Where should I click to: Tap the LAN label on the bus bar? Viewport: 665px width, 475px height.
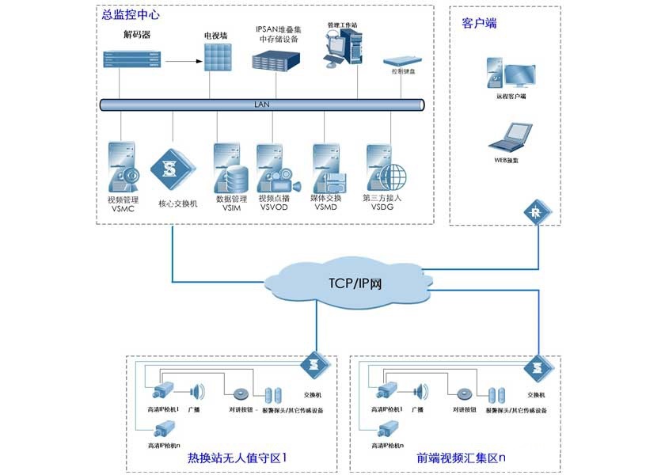click(x=261, y=104)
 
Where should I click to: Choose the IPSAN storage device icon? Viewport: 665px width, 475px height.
click(x=277, y=60)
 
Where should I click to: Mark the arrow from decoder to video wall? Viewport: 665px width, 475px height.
click(x=179, y=59)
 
